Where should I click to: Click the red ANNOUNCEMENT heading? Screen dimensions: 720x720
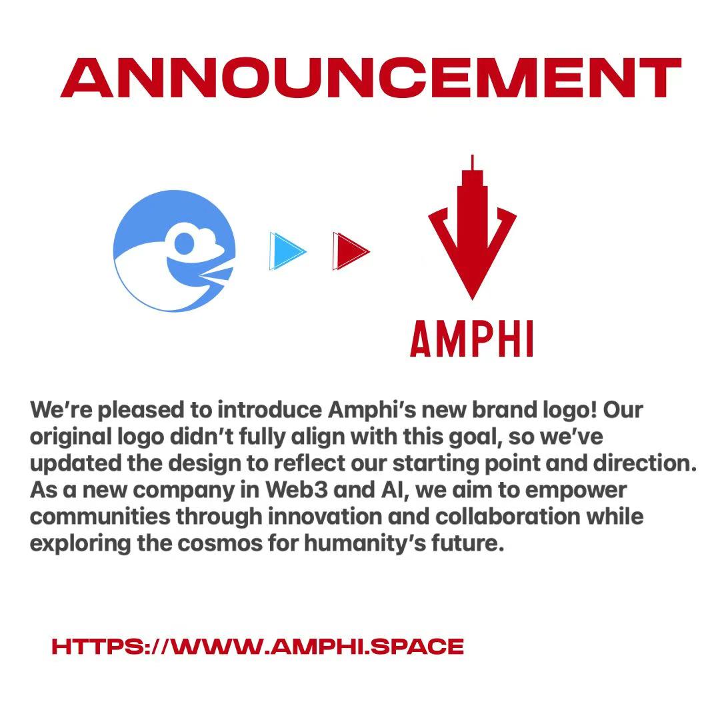pos(371,78)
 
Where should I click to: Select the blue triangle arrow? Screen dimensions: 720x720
pos(287,251)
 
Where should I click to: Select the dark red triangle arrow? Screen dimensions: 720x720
pos(349,251)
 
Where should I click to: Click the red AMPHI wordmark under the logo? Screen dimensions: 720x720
pos(472,338)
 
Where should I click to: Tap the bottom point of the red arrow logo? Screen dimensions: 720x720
pos(472,297)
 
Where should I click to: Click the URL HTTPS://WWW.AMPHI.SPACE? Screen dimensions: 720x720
pos(257,646)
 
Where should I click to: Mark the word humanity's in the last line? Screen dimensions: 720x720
pos(361,543)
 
